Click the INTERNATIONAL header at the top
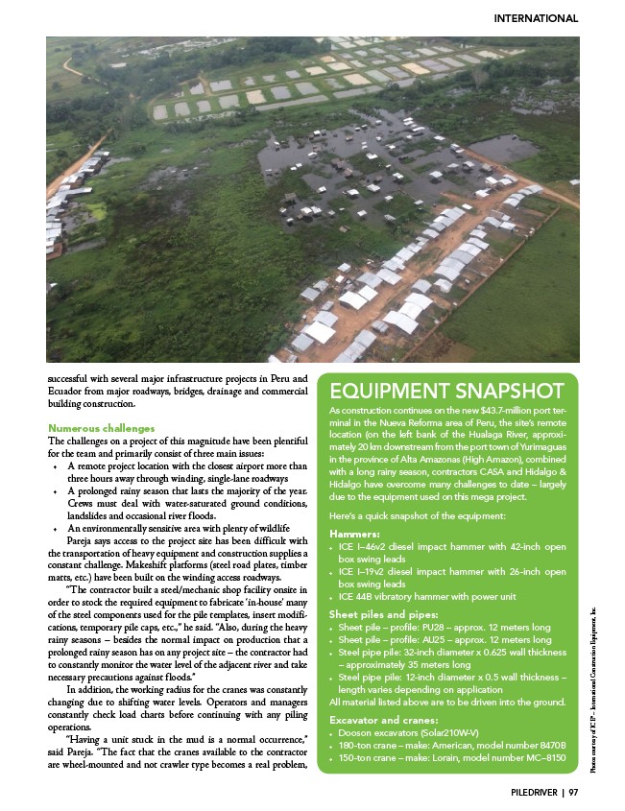click(x=535, y=18)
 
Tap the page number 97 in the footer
click(x=573, y=792)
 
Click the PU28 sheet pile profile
click(x=443, y=626)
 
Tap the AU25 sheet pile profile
click(x=443, y=638)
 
